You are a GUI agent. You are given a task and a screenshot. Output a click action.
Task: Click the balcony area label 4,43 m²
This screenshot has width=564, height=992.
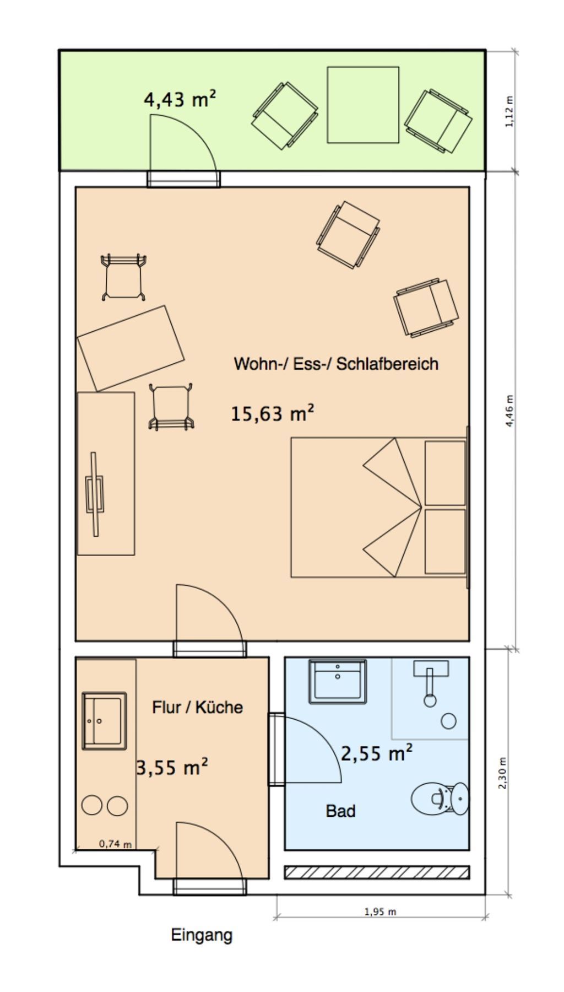[180, 100]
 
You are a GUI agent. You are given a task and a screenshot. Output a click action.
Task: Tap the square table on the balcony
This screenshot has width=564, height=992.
[363, 105]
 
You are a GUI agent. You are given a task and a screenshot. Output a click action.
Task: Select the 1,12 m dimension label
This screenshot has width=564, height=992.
[509, 112]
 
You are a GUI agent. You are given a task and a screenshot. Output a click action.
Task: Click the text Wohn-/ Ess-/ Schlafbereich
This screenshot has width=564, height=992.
[336, 364]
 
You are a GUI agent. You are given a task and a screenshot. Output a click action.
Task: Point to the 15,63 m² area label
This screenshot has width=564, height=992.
[273, 413]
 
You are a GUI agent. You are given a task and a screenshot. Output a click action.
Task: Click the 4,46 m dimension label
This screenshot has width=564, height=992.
[509, 411]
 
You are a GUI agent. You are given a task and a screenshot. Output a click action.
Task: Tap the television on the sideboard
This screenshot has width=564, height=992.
[95, 494]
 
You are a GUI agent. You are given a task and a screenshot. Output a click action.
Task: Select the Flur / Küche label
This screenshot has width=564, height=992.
[197, 707]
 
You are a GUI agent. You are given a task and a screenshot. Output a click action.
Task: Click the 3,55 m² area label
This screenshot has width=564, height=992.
[172, 767]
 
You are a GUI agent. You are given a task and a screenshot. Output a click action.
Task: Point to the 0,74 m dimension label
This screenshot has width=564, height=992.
[115, 844]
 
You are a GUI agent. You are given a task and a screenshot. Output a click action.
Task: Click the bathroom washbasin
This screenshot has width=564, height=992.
[337, 681]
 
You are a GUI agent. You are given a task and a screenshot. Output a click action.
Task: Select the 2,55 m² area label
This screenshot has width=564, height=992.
[377, 753]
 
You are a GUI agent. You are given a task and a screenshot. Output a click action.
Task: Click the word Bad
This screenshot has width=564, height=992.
[340, 811]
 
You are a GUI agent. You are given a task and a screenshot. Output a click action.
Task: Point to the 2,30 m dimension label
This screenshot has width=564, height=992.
[502, 772]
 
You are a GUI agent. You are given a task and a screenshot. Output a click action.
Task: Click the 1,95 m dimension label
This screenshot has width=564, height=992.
[380, 912]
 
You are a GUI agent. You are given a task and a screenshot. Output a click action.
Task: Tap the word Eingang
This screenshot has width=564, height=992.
[202, 935]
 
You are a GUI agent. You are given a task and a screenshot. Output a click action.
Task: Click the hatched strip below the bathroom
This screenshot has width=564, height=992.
[377, 872]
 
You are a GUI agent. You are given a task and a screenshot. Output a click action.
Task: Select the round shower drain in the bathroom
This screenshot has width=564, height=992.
[449, 721]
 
